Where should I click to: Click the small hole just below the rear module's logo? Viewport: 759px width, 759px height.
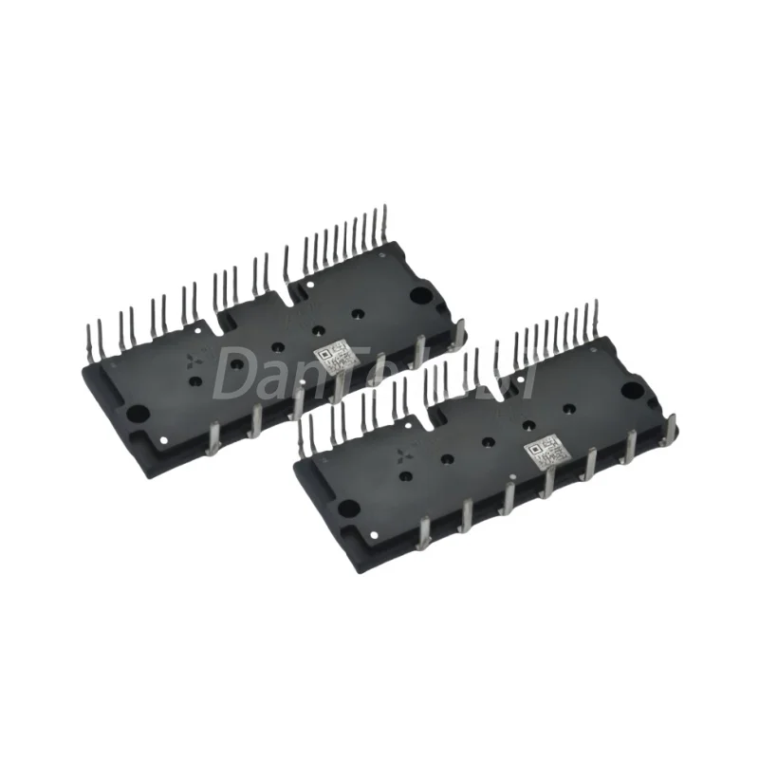pyautogui.click(x=194, y=381)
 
